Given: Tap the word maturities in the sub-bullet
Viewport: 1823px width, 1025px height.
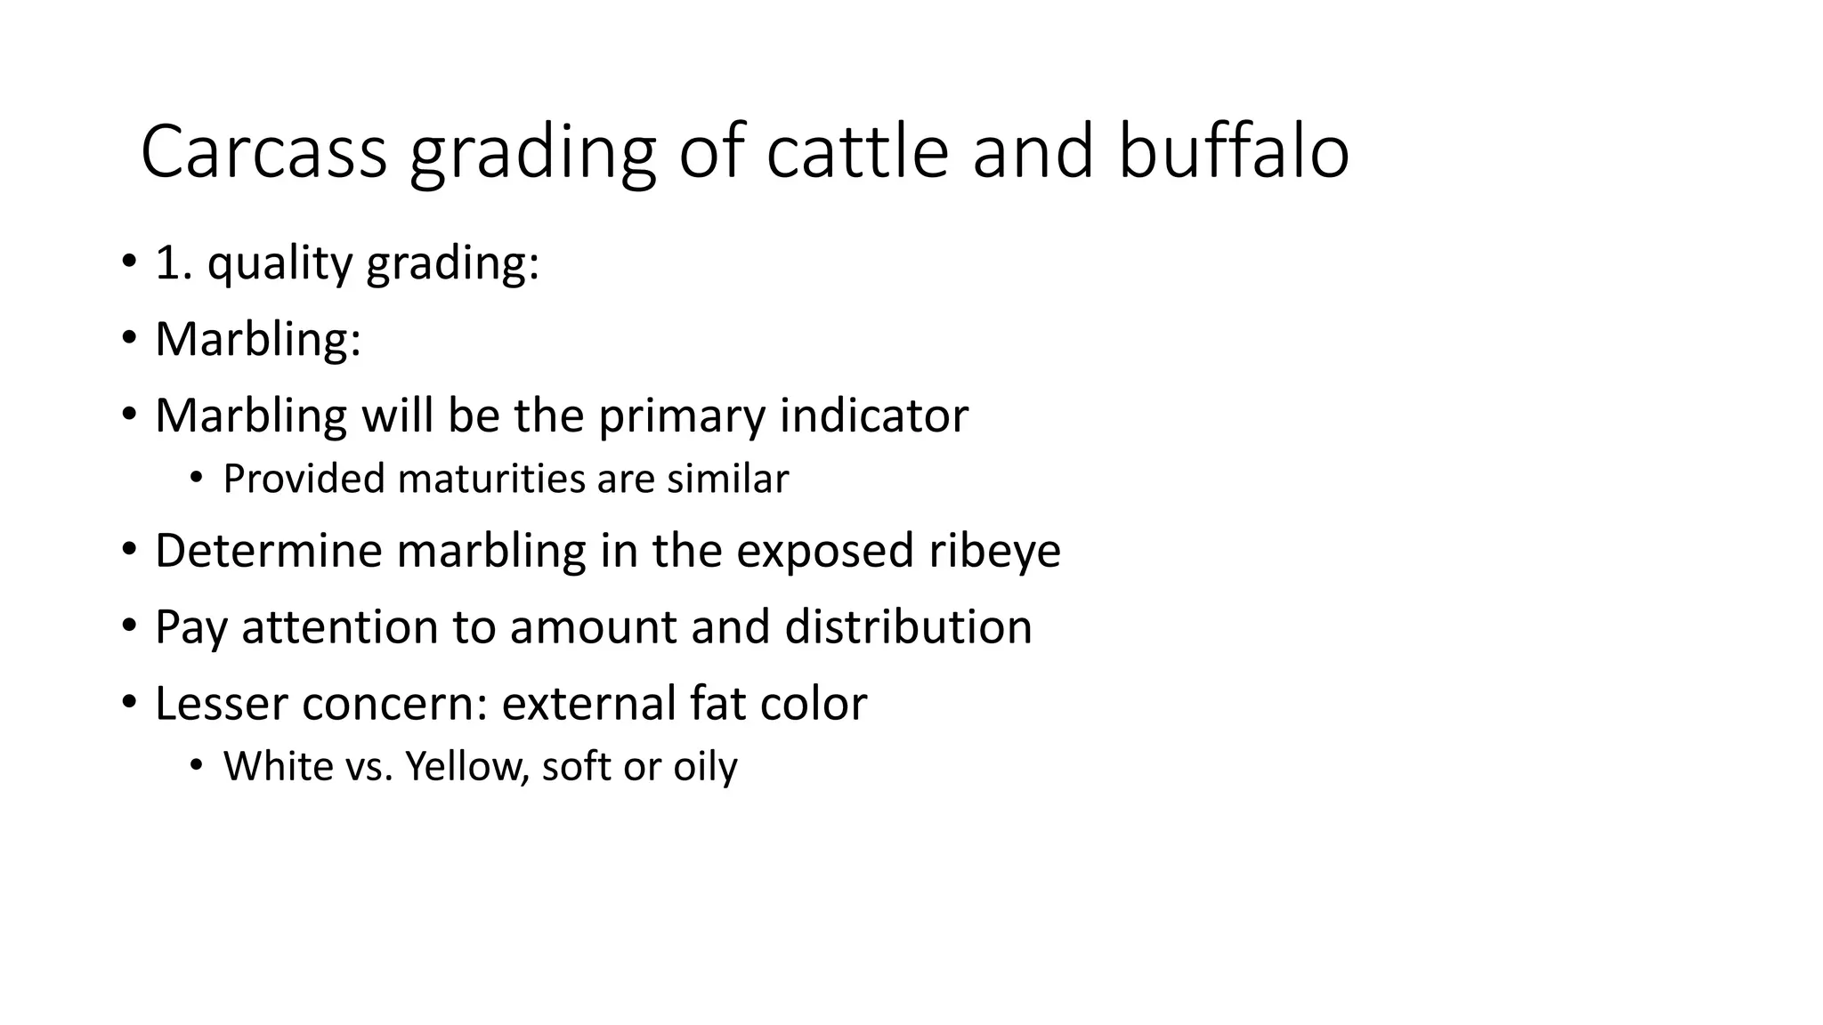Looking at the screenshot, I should coord(491,479).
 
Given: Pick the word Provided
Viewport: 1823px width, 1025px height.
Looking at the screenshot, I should coord(304,479).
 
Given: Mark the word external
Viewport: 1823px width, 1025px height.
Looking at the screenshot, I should coord(588,703).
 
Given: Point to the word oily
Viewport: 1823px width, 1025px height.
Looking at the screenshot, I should coord(705,767).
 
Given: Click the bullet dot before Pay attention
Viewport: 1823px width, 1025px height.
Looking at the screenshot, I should coord(130,626).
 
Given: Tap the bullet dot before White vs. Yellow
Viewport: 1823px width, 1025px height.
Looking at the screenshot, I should coord(196,765).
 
